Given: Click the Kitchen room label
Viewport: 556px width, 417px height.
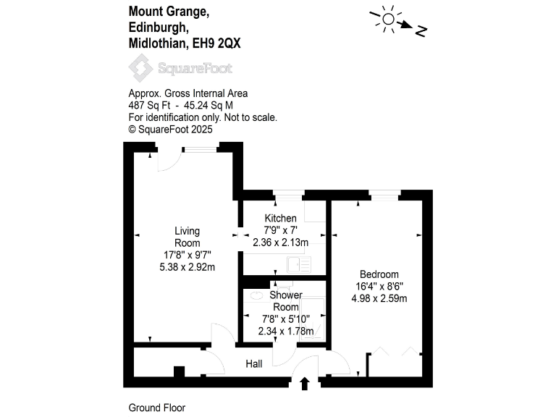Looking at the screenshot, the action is click(x=280, y=218).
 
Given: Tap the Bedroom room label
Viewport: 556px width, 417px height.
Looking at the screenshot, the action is click(x=379, y=274).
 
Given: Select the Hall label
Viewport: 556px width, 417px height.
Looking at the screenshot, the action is click(x=254, y=364).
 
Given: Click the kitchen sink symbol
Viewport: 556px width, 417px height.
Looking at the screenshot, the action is click(x=299, y=264).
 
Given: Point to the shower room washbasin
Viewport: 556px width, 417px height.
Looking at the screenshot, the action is click(x=256, y=295).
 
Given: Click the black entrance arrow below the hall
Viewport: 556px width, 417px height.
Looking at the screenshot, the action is click(x=305, y=384).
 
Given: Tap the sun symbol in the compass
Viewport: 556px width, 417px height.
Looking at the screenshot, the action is click(x=388, y=19).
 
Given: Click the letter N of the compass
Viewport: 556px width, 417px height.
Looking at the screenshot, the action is click(x=421, y=31).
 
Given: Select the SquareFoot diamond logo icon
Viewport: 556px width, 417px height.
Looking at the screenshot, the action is click(x=140, y=68).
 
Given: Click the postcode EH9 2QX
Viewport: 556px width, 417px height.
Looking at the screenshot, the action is click(x=216, y=43).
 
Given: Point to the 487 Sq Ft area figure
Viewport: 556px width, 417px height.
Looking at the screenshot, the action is click(x=149, y=105).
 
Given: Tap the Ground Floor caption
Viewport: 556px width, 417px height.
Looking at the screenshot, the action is click(x=156, y=408).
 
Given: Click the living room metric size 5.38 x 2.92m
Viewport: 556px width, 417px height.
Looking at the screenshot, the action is click(x=188, y=267).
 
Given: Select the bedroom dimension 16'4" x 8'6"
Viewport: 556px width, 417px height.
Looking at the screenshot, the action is click(x=379, y=286).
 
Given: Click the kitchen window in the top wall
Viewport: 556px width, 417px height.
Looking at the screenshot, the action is click(x=289, y=195).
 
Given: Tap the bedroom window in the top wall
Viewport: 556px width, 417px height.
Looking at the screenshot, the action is click(x=384, y=195).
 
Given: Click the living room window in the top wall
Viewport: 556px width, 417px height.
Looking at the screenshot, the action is click(x=200, y=149).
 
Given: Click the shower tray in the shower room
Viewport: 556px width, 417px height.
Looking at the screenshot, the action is click(x=313, y=319).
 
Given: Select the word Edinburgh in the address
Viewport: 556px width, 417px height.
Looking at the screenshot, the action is click(x=159, y=28).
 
